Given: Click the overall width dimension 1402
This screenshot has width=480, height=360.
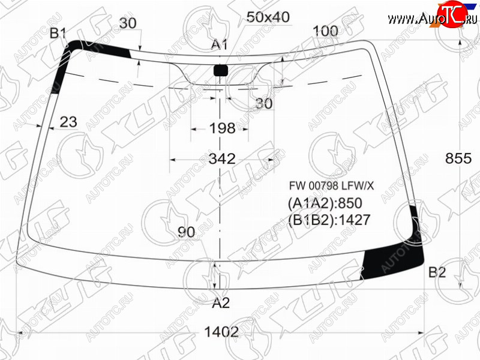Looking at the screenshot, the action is (221, 332).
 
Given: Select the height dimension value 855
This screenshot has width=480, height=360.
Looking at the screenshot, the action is (458, 158).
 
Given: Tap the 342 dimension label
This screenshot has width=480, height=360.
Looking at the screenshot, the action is (222, 159).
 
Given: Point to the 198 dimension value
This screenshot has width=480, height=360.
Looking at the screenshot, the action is (222, 128).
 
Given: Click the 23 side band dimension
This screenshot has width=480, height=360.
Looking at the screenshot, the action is (68, 122).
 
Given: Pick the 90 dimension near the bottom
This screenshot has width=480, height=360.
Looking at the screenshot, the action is (187, 232).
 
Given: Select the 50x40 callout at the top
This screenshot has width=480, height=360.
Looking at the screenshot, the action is (268, 17).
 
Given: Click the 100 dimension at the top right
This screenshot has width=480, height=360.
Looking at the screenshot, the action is (325, 31).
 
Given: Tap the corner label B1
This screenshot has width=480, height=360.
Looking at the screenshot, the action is (58, 33).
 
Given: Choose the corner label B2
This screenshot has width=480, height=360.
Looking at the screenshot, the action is (437, 272).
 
